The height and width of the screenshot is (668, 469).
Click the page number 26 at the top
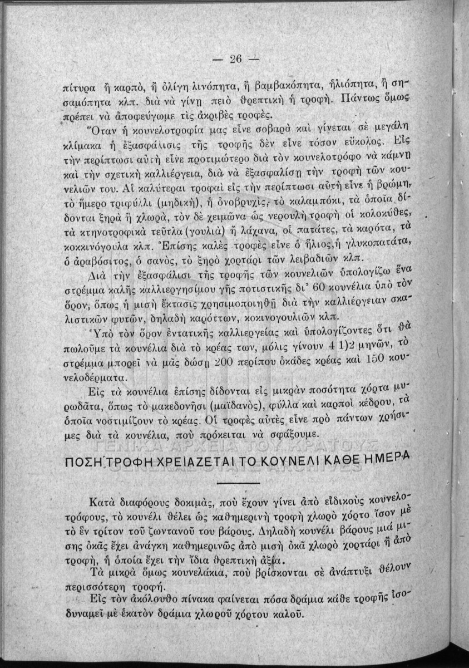tap(234, 60)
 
